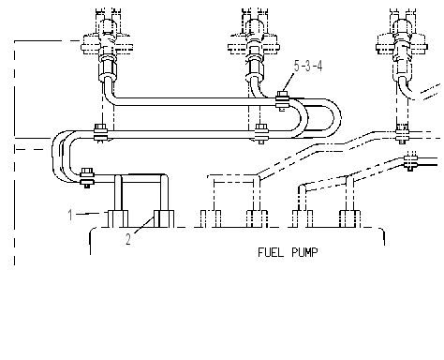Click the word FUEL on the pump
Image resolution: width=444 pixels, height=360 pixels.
[x=271, y=252]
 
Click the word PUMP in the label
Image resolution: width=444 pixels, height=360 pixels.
[x=305, y=252]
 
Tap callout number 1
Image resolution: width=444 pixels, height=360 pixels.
[x=70, y=215]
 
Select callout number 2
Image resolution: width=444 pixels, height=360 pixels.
[x=128, y=239]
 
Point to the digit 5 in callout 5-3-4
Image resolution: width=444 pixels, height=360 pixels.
[x=297, y=66]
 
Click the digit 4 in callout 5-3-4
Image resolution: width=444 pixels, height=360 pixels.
[x=319, y=66]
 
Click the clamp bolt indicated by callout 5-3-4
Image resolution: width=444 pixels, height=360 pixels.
[x=283, y=100]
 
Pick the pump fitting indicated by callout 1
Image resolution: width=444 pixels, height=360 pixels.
[x=118, y=218]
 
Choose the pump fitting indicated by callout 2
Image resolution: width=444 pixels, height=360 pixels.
[x=164, y=218]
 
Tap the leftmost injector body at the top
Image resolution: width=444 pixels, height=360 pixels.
[x=107, y=40]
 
